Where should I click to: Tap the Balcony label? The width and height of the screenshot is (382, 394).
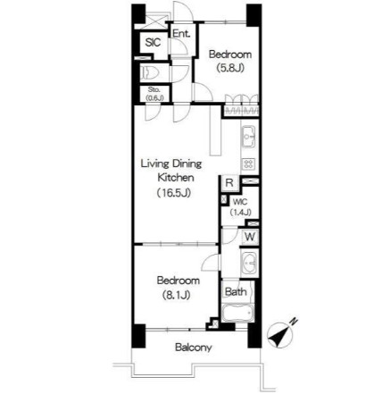click(x=193, y=348)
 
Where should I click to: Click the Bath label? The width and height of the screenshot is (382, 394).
click(x=235, y=291)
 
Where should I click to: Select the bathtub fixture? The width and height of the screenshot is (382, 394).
click(x=235, y=314)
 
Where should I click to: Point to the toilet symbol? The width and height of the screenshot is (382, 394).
click(x=149, y=71)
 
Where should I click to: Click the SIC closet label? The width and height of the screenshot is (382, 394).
click(x=151, y=42)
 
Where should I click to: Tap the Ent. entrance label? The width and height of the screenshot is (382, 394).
click(x=180, y=34)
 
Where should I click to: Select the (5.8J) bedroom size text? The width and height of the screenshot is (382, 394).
click(x=227, y=67)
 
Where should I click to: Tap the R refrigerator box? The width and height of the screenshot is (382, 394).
click(x=229, y=183)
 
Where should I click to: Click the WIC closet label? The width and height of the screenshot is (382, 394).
click(x=238, y=201)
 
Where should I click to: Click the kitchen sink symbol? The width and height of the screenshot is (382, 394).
click(x=249, y=138)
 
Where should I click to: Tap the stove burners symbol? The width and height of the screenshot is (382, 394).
click(x=249, y=163)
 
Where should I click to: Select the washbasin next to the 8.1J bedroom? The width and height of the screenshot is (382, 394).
click(x=250, y=265)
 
